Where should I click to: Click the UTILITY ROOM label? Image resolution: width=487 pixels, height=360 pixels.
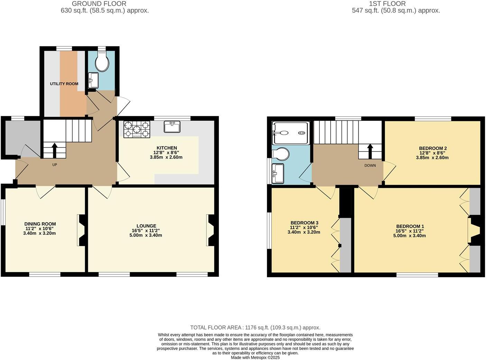[64, 84]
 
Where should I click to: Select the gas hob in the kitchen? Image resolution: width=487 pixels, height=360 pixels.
[137, 129]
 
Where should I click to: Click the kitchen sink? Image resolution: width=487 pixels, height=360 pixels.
[172, 127]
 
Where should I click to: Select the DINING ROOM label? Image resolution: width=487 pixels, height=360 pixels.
[40, 224]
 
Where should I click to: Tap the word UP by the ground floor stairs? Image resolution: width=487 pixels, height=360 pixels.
[55, 165]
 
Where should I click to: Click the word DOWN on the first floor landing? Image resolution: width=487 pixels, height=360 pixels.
[370, 165]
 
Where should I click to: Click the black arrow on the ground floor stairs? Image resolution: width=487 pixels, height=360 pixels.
[54, 150]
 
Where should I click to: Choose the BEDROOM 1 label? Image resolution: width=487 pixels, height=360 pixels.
[410, 226]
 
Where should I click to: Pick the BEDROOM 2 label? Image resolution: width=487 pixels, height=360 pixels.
[433, 148]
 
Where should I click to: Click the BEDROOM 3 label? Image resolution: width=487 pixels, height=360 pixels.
[304, 223]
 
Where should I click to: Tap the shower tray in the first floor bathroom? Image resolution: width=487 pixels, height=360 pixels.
[290, 133]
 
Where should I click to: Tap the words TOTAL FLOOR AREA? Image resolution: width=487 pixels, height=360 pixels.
[216, 327]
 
